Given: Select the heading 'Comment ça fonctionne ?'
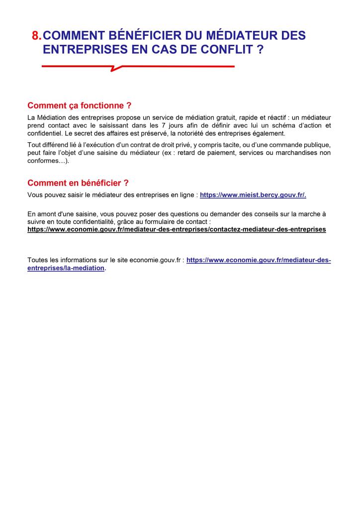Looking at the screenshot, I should point(80,105).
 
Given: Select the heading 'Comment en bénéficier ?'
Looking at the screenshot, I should point(78,183).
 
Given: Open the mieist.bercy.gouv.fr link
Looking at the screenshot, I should point(253,195).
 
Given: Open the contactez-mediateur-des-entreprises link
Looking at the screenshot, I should point(177,230).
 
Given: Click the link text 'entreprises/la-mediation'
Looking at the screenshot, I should point(66,268).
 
